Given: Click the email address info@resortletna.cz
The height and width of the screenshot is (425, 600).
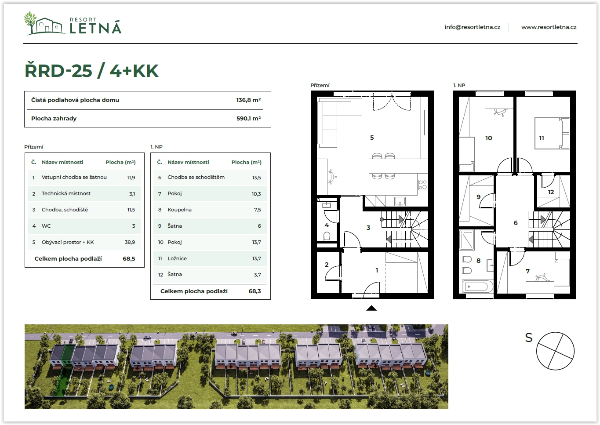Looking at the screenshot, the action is [x=472, y=27].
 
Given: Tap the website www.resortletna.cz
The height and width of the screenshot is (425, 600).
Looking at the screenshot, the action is [x=549, y=27].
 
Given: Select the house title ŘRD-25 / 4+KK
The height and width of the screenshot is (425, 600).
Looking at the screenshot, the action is [x=91, y=71].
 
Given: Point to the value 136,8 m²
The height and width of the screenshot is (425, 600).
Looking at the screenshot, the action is [x=248, y=100].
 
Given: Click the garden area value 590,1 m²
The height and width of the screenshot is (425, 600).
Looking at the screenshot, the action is [x=248, y=118].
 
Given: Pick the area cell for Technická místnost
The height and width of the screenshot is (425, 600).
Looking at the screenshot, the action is [x=132, y=194].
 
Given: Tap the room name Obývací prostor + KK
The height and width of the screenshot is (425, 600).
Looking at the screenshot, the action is [x=68, y=242].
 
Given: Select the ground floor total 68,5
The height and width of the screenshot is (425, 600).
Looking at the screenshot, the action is [x=129, y=259].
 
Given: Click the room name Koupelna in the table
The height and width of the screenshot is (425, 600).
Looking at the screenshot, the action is [x=179, y=210].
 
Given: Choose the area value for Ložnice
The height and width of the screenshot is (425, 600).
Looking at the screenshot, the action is [x=256, y=258].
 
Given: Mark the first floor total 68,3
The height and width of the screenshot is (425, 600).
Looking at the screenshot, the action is [x=255, y=291].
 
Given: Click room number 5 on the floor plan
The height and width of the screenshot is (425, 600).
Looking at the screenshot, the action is [x=372, y=138].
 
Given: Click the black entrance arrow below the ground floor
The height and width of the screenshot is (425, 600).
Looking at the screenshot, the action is [x=371, y=308].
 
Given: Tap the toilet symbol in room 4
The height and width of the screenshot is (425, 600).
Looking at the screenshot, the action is [x=327, y=236].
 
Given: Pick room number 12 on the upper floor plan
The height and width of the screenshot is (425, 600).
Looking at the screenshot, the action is [x=551, y=192].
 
